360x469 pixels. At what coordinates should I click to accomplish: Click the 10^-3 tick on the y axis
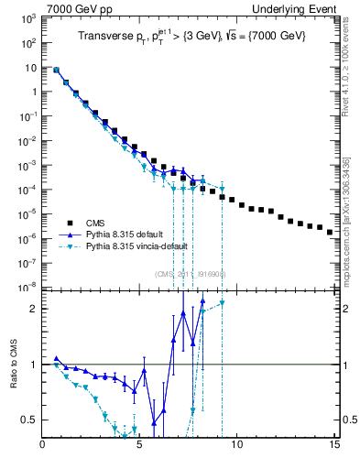pos(29,165)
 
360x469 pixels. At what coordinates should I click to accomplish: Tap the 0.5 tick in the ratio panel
pos(29,420)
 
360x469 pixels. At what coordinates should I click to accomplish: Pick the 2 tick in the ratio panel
pos(34,309)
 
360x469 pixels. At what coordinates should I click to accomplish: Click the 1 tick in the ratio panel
pos(34,365)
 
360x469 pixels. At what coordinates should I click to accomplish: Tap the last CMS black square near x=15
pos(330,233)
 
